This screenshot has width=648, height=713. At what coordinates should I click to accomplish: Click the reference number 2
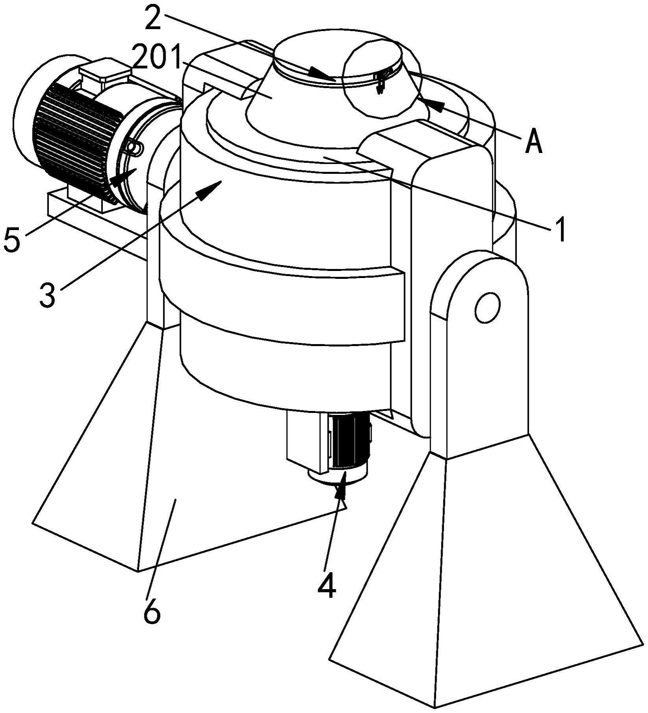point(154,18)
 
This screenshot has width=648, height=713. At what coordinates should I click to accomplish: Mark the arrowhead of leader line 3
point(211,190)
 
